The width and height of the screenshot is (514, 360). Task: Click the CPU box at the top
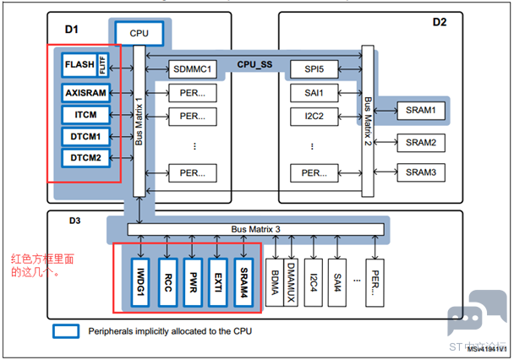(x=139, y=32)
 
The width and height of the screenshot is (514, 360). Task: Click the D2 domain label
(x=440, y=22)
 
